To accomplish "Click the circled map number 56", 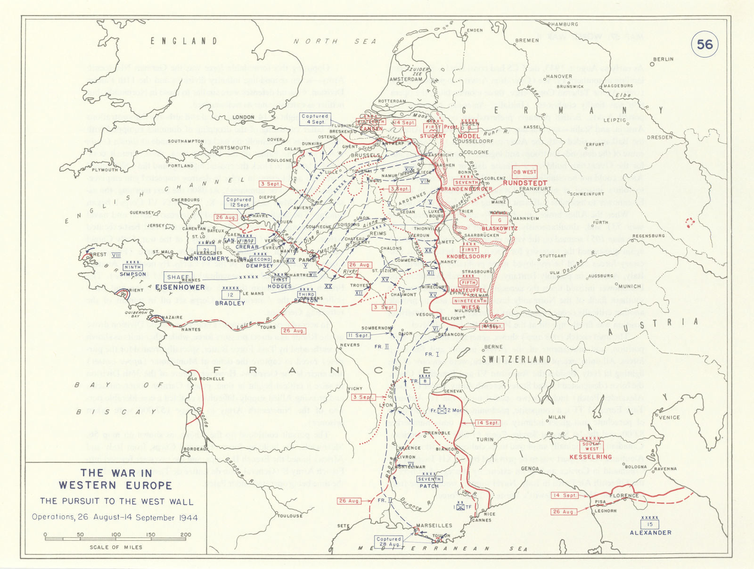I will point(705,44).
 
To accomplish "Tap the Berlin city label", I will point(664,59).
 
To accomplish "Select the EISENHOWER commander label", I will point(180,287).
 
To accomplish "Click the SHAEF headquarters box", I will point(178,277).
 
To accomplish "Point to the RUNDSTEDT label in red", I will point(525,183).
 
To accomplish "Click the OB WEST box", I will point(525,172).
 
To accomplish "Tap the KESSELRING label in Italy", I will point(590,457).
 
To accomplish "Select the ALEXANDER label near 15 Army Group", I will point(650,533).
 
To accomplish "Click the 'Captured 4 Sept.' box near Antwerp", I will point(315,119).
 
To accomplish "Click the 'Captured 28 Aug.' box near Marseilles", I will point(389,541).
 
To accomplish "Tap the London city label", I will point(244,117).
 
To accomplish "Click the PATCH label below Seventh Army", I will point(429,486).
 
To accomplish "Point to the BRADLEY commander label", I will point(230,303).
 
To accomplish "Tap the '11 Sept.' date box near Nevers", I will point(359,336).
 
